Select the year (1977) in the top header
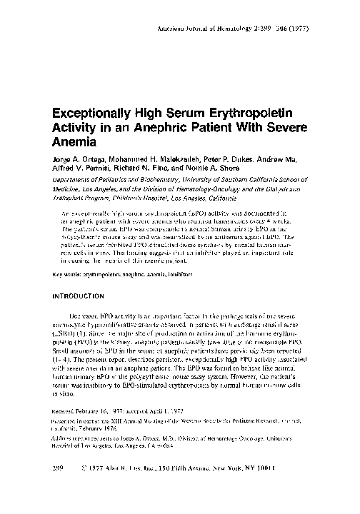pyautogui.click(x=323, y=28)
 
